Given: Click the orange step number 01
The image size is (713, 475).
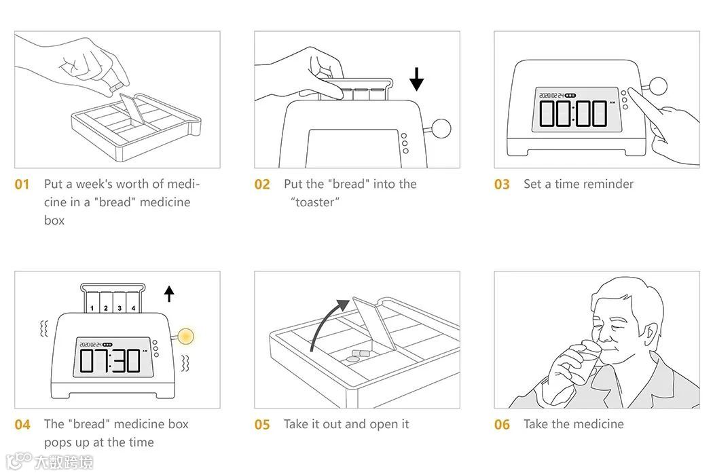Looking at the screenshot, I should click(x=22, y=185).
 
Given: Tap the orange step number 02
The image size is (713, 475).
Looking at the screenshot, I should click(x=262, y=185).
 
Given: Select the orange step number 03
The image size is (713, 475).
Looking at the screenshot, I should click(x=502, y=185).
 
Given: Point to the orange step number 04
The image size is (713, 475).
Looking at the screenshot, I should click(x=22, y=425).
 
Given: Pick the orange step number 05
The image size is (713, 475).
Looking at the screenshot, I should click(x=262, y=425).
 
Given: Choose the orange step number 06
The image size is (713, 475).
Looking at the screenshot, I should click(x=502, y=425).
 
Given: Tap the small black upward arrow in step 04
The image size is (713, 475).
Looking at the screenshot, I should click(x=169, y=293).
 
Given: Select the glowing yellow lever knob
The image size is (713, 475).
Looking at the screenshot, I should click(x=185, y=335).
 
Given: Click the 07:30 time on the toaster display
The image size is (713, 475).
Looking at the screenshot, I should click(x=111, y=360).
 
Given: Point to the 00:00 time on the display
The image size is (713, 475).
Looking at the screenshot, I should click(x=572, y=112).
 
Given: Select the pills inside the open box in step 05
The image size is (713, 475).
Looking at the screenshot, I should click(x=356, y=356).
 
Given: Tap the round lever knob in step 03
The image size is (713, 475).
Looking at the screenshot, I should click(x=657, y=86).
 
